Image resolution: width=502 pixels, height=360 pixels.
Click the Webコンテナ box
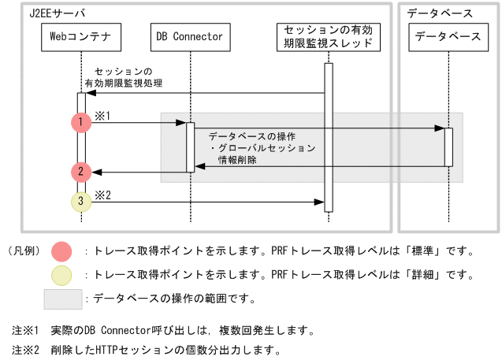click(x=80, y=36)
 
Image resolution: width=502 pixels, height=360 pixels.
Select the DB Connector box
click(x=190, y=36)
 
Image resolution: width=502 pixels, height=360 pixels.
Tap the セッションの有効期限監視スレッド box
click(x=328, y=36)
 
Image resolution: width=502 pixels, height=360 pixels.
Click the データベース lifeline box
click(x=448, y=36)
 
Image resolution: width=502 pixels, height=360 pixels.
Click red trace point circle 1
click(x=81, y=122)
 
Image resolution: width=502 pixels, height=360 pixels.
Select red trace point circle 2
click(x=81, y=171)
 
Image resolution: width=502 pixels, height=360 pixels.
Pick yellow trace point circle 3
click(x=81, y=202)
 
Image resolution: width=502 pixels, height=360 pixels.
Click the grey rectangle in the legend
click(x=63, y=299)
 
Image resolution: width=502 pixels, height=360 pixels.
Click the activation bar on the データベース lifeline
click(x=448, y=147)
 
